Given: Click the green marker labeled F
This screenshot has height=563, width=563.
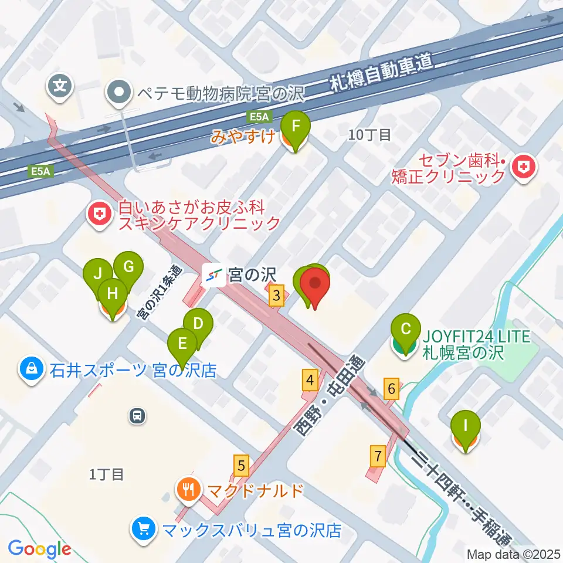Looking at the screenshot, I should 295,127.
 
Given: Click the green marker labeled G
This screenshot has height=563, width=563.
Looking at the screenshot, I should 128,267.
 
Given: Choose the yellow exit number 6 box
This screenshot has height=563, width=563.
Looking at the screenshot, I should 392,388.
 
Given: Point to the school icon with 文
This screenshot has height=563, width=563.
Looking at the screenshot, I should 60,86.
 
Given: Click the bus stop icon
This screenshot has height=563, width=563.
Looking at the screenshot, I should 137,416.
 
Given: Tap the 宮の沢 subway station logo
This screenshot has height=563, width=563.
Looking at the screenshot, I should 212,276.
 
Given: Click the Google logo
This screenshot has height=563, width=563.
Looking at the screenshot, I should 39,550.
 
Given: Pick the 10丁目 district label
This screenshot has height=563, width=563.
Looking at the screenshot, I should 369,135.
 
